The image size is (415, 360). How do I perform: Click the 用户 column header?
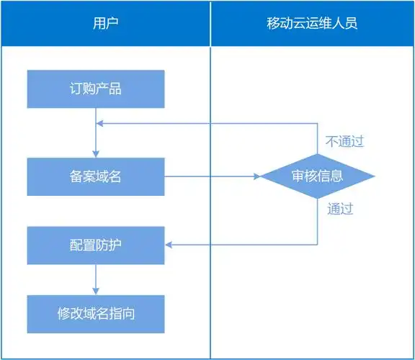105,23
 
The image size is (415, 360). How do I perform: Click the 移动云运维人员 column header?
312,23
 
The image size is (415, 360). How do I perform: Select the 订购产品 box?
96,89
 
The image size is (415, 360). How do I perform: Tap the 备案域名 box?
96,176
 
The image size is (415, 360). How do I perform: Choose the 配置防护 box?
96,245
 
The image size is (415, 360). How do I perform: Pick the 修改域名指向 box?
96,313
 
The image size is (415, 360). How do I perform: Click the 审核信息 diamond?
317,176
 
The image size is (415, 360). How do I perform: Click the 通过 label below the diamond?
340,210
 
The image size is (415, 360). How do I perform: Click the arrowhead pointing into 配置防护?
169,245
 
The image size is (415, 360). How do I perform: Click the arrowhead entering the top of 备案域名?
96,153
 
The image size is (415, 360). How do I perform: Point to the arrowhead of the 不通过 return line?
100,123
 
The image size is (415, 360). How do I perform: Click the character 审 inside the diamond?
298,176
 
